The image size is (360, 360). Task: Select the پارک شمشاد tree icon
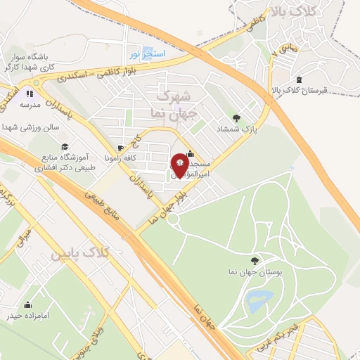tap(236, 118)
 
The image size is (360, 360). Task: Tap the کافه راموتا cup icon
tap(121, 148)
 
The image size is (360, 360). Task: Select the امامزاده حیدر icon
tap(28, 304)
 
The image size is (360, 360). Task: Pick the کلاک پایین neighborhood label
tap(80, 254)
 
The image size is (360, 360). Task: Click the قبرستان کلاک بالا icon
tap(300, 79)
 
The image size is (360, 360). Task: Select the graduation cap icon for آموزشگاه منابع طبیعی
tap(64, 146)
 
